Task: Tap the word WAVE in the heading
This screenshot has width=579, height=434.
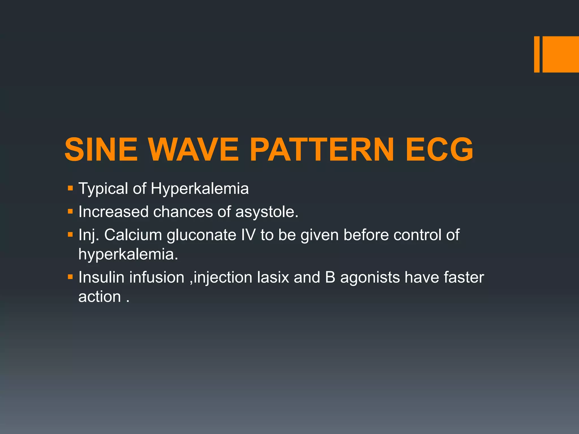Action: [x=194, y=149]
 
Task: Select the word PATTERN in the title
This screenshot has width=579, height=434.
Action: [x=321, y=149]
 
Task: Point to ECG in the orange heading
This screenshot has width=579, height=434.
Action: [x=439, y=149]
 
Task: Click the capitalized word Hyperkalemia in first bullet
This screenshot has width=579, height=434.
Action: [x=200, y=188]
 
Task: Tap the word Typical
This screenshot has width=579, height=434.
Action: [x=103, y=188]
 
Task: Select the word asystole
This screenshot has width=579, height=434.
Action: [x=267, y=212]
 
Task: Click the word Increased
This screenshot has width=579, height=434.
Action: [x=113, y=212]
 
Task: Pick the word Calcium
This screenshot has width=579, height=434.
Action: [x=133, y=235]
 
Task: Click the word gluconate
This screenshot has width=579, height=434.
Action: [x=201, y=235]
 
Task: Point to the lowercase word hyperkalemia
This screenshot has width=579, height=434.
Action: [x=128, y=254]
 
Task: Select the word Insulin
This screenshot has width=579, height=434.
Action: [x=101, y=277]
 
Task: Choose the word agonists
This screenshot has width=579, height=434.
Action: [x=370, y=278]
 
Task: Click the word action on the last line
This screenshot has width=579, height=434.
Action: [x=100, y=297]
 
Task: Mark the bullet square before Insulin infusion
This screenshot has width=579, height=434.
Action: [x=70, y=277]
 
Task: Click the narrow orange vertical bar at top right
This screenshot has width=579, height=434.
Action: [x=537, y=54]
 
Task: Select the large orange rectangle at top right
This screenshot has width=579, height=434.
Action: [x=561, y=54]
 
